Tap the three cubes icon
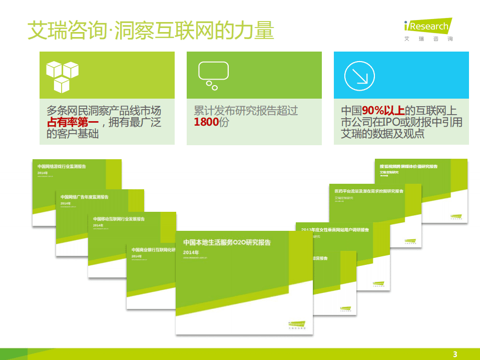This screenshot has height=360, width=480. coord(62,76)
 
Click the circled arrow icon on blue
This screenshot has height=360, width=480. coord(359,76)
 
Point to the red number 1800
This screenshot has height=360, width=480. coord(206,122)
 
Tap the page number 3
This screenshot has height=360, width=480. coord(455,354)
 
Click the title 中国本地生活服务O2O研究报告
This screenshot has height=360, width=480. coord(227,243)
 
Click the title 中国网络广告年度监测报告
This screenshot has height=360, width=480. coord(85,197)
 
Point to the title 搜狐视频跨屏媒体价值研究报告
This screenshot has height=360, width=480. coord(408,166)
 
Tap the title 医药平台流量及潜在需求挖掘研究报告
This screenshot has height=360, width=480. coord(369,191)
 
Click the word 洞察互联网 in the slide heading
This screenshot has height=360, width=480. coord(149,32)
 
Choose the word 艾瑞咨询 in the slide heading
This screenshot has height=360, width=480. coord(66,32)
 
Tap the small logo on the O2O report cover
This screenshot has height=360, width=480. coord(297,324)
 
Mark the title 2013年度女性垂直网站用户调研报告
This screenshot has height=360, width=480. coord(335,230)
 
